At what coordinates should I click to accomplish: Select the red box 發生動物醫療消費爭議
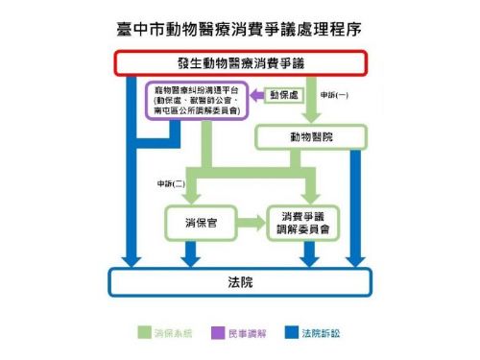click(241, 64)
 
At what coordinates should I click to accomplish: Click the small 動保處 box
click(282, 96)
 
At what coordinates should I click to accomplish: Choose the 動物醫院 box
click(308, 138)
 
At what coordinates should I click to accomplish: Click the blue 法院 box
click(241, 282)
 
